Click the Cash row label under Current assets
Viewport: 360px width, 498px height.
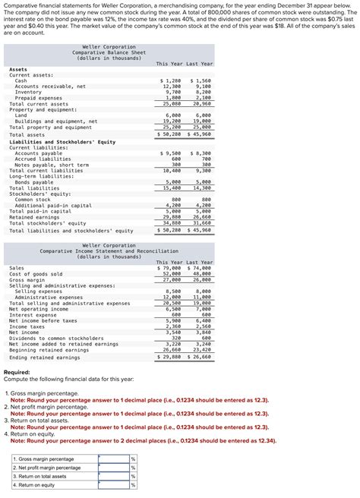pos(21,80)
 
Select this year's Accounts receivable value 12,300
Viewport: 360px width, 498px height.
pos(172,86)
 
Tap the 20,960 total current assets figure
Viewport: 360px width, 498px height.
pos(202,103)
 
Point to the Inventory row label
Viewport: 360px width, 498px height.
pos(29,92)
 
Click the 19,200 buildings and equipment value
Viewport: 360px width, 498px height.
pos(172,121)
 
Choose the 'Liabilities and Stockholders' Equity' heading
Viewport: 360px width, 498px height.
pos(62,141)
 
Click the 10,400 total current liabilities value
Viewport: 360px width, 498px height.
pos(172,170)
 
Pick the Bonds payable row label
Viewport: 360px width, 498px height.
pos(34,182)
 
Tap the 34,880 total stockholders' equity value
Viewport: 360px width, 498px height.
pos(172,223)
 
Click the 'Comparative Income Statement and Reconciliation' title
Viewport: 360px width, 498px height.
pos(109,251)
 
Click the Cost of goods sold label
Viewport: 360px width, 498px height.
pos(36,273)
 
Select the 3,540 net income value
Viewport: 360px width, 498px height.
pos(172,332)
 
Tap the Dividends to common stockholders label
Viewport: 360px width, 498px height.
pos(56,338)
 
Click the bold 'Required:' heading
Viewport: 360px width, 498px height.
pos(17,373)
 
